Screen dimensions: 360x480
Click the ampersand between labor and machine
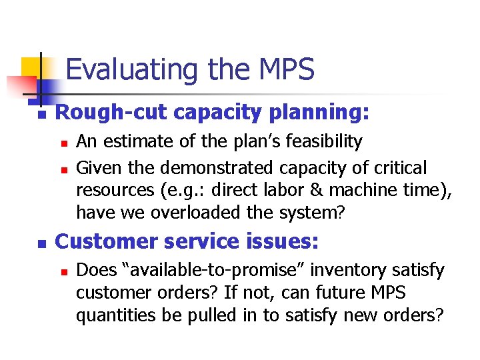click(298, 190)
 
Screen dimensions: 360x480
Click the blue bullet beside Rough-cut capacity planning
click(40, 115)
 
